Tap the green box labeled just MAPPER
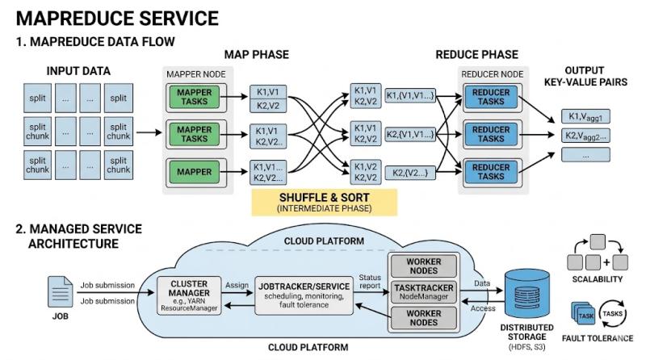point(195,170)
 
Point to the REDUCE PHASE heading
point(476,54)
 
